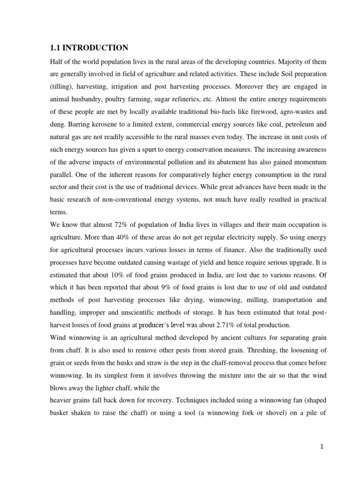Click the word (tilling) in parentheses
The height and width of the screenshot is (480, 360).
[x=62, y=75]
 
